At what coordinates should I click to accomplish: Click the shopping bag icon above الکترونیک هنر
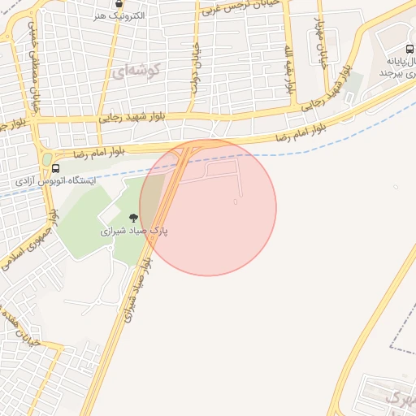120,3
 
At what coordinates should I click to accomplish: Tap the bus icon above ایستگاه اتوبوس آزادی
55,169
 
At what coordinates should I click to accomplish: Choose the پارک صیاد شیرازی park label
133,231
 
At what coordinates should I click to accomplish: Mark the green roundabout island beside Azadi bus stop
46,159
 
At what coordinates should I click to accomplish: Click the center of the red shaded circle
208,207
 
